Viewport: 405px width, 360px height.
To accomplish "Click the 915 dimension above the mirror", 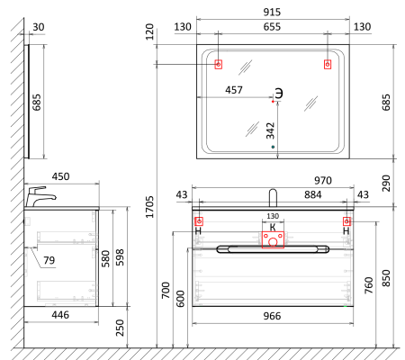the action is pyautogui.click(x=272, y=12).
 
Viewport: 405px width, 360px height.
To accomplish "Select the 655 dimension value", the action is pyautogui.click(x=272, y=27).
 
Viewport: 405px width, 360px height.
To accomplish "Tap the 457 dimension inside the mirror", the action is pyautogui.click(x=234, y=90).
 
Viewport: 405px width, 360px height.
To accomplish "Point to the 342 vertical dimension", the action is pyautogui.click(x=270, y=130).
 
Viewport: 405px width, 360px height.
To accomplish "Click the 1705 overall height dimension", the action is pyautogui.click(x=149, y=207).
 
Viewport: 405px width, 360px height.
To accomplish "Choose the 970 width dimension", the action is pyautogui.click(x=323, y=180).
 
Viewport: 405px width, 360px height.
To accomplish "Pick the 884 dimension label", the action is pyautogui.click(x=313, y=194).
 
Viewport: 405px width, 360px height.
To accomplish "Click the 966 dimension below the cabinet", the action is pyautogui.click(x=272, y=316).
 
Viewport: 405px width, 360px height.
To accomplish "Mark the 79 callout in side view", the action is pyautogui.click(x=49, y=260).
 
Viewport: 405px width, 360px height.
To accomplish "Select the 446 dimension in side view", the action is pyautogui.click(x=60, y=315).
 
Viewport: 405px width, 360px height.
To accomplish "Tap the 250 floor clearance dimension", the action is pyautogui.click(x=120, y=328).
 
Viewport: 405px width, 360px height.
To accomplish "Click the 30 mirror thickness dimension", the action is pyautogui.click(x=39, y=27).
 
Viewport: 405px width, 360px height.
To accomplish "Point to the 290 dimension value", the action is pyautogui.click(x=386, y=184).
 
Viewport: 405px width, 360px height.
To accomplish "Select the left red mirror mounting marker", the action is pyautogui.click(x=219, y=64).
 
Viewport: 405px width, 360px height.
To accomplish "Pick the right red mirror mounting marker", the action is pyautogui.click(x=328, y=64).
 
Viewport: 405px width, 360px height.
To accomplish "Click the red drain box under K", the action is pyautogui.click(x=273, y=239).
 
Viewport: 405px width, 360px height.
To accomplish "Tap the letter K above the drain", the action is pyautogui.click(x=273, y=227).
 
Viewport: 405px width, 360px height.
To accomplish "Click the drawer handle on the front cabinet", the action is pyautogui.click(x=273, y=249).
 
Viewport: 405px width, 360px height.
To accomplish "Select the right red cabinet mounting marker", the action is pyautogui.click(x=346, y=221).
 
